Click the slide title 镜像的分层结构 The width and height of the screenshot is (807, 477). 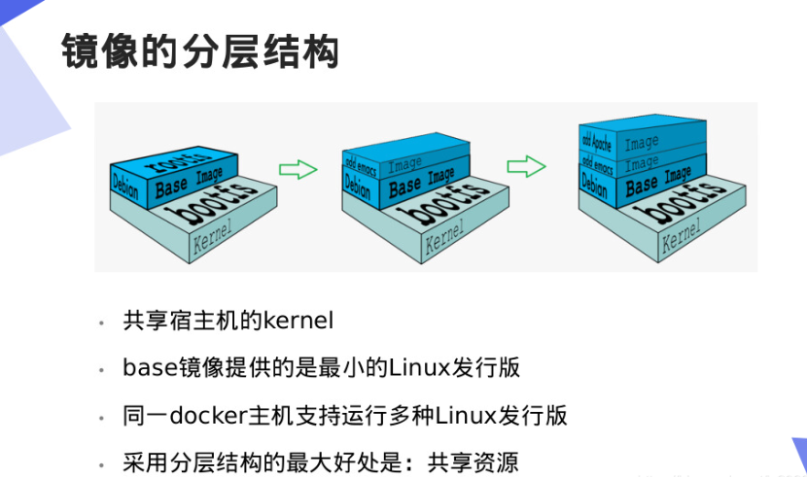[199, 51]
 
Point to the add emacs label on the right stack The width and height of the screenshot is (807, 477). [595, 161]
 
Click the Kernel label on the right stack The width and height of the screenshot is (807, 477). [681, 235]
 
